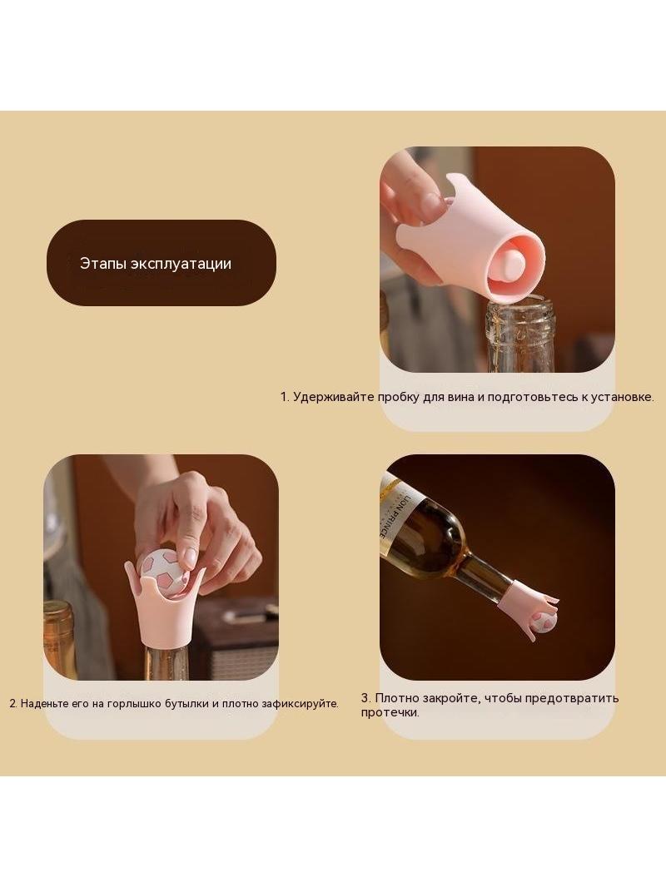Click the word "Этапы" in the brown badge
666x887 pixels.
103,264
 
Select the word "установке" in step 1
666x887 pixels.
621,397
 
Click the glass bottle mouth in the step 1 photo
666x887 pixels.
520,309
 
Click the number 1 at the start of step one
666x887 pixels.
284,397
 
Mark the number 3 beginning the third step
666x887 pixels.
365,698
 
